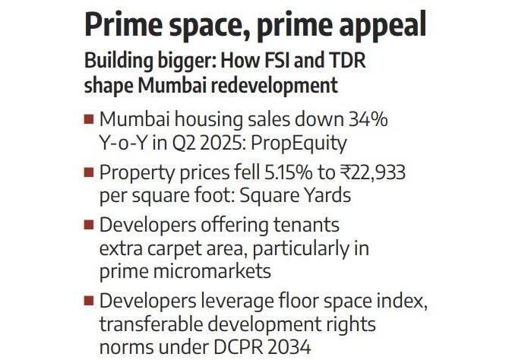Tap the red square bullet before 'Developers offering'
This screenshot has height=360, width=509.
(x=89, y=226)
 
